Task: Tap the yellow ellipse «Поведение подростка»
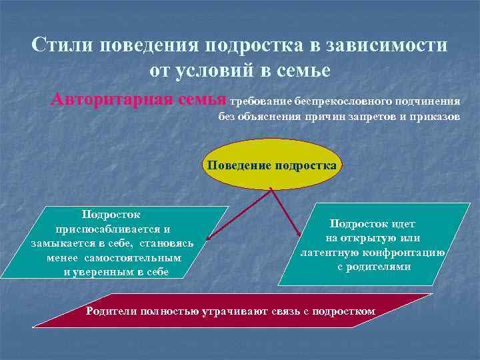271,164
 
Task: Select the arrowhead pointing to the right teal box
298,233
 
